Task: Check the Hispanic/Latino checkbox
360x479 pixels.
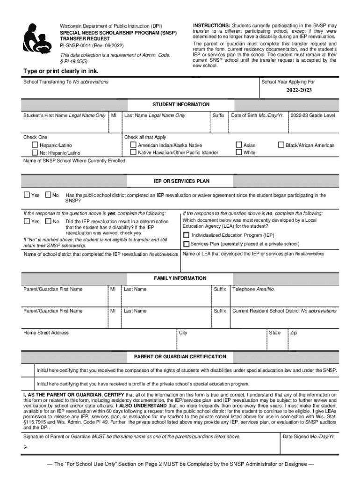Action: click(35, 145)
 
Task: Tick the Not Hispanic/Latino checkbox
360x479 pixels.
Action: click(35, 153)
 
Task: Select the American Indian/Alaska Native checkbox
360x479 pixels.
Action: click(133, 145)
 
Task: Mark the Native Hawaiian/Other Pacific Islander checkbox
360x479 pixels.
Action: click(133, 152)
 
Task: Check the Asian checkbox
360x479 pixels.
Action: click(239, 145)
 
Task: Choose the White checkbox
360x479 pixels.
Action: click(239, 152)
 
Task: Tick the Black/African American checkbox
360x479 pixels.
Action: click(281, 145)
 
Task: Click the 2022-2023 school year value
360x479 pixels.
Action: click(299, 90)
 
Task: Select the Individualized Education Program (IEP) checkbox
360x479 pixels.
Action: click(187, 235)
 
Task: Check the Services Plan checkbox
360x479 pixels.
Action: click(187, 244)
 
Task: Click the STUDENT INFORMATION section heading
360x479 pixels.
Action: click(180, 104)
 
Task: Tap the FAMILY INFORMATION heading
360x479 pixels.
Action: click(180, 278)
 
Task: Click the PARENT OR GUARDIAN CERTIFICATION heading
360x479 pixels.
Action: click(180, 356)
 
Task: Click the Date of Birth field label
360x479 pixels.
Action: click(257, 115)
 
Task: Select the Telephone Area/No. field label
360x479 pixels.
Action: click(253, 289)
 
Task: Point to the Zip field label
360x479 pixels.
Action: click(293, 333)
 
